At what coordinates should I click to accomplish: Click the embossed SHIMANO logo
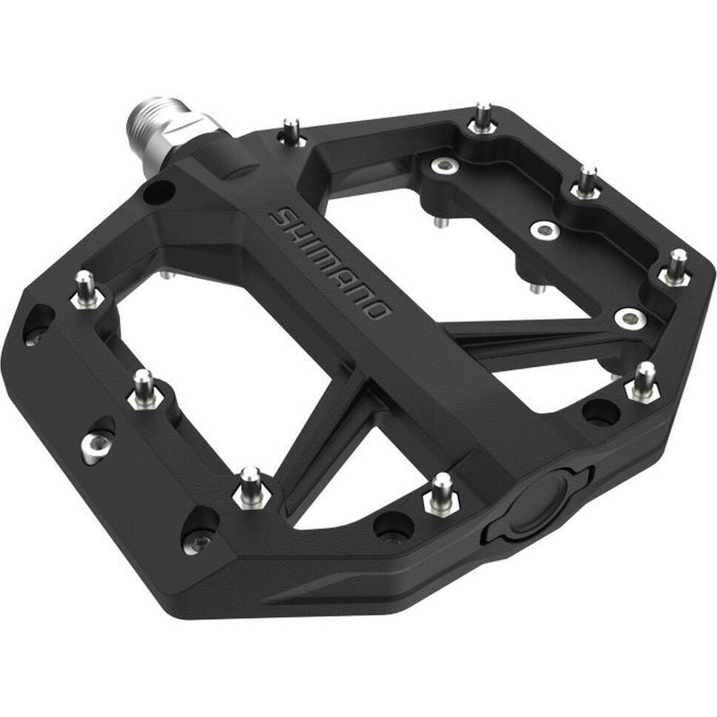(x=330, y=263)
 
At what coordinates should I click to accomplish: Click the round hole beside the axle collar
(x=158, y=192)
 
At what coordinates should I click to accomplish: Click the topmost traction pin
(x=482, y=118)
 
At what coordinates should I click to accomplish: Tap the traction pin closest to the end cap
(x=441, y=494)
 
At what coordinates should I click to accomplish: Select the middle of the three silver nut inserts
(x=545, y=231)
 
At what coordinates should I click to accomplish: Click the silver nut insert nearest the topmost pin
(x=445, y=166)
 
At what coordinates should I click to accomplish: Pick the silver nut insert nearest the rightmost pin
(x=630, y=318)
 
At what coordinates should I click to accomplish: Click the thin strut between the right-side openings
(x=518, y=333)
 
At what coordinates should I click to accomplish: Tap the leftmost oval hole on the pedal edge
(x=37, y=324)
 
